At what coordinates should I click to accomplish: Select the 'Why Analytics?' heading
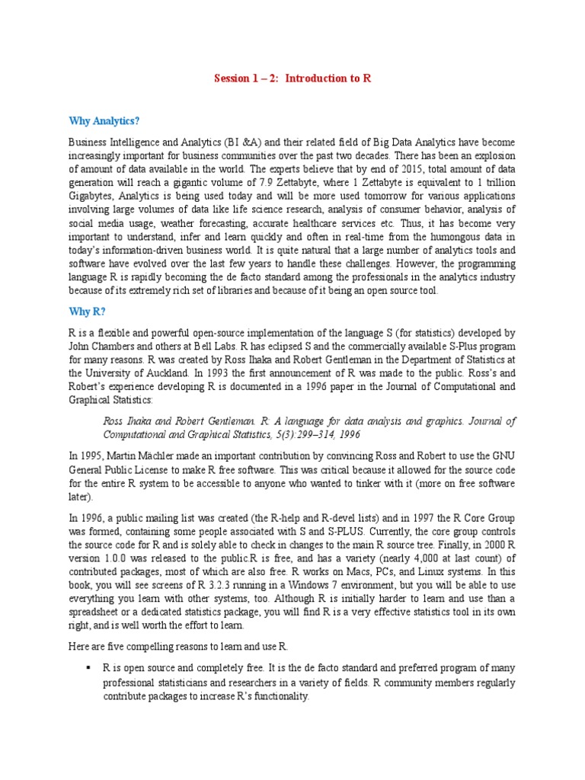[x=104, y=120]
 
